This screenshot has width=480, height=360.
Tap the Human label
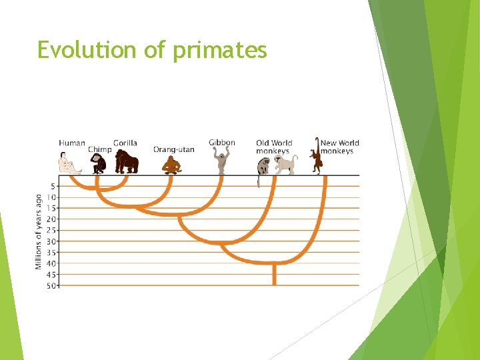point(72,143)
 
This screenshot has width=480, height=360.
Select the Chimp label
point(99,149)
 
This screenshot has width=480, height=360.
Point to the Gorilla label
point(125,143)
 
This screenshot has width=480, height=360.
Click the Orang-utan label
point(173,149)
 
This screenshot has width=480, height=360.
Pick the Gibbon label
point(222,143)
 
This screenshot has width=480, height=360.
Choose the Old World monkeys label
point(274,147)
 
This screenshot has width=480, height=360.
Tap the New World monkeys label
point(339,147)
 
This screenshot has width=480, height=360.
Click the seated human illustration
point(69,163)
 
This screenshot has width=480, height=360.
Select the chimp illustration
point(99,164)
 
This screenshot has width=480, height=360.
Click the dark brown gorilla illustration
point(126,162)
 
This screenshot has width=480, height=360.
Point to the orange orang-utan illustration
point(171,165)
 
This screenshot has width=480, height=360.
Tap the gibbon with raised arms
point(222,161)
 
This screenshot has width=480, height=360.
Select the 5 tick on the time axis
point(53,186)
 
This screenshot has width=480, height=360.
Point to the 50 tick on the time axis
point(51,285)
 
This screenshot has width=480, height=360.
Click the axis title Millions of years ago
point(39,232)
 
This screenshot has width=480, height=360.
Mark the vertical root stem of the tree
point(274,274)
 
